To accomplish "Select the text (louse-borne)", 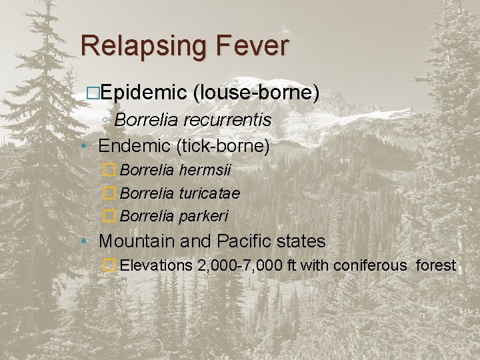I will coord(255,93).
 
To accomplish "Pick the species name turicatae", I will coord(210,193).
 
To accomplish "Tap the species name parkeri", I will coord(204,216).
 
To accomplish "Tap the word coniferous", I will coord(369,265).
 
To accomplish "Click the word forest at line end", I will coord(436,265).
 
